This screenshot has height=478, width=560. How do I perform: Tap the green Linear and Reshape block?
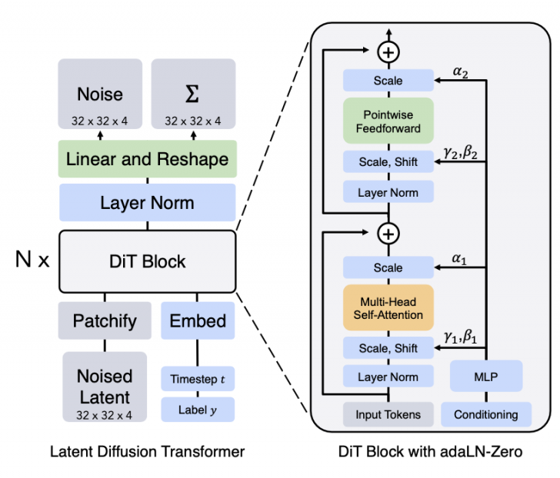tap(147, 160)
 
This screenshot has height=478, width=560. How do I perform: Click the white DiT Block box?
tap(146, 261)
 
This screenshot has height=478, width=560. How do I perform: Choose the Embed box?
tap(197, 320)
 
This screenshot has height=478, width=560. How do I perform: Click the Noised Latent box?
tap(104, 387)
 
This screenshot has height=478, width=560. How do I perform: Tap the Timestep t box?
tap(197, 379)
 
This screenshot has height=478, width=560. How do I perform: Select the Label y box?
tap(197, 410)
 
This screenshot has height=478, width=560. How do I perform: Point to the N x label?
tap(32, 261)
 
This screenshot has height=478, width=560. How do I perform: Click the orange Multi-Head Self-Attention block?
tap(388, 307)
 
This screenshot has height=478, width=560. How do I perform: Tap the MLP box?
tap(485, 377)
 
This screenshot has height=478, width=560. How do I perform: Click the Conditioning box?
tap(485, 415)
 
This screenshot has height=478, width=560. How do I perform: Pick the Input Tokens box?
tap(388, 415)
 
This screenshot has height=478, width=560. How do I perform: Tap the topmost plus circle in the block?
tap(389, 52)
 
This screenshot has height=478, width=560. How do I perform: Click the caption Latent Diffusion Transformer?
tap(146, 452)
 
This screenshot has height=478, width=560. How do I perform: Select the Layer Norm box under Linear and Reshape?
tap(147, 204)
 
